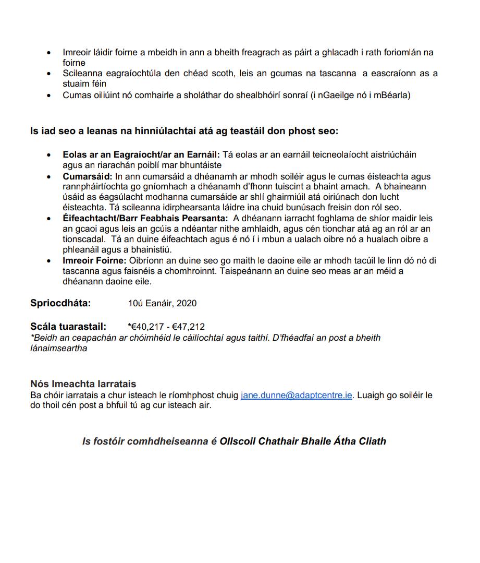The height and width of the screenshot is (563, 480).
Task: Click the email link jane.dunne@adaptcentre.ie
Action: [x=297, y=396]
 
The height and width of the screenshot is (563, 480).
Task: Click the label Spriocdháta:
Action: [x=60, y=303]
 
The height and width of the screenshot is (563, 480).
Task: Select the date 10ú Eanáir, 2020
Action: [x=162, y=304]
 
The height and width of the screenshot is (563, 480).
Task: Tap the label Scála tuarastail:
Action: [x=68, y=327]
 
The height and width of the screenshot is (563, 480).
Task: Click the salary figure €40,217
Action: [x=147, y=327]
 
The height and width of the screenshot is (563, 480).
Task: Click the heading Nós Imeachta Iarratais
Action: [x=83, y=384]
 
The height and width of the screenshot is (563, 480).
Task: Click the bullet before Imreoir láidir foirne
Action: [x=49, y=53]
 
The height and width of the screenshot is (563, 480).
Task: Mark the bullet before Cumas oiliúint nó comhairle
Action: [x=49, y=95]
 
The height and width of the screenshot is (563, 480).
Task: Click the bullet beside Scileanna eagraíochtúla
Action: [x=49, y=74]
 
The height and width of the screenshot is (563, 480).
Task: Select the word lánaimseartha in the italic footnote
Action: [x=59, y=348]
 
